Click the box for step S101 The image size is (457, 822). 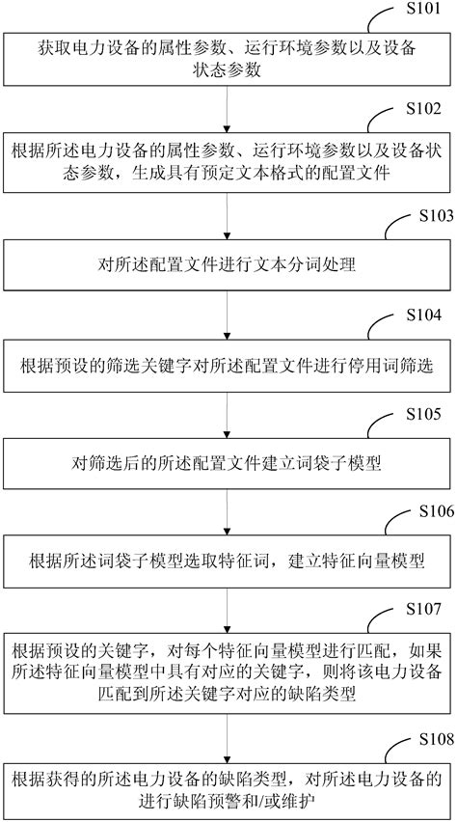pos(228,59)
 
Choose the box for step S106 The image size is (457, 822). pos(228,562)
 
